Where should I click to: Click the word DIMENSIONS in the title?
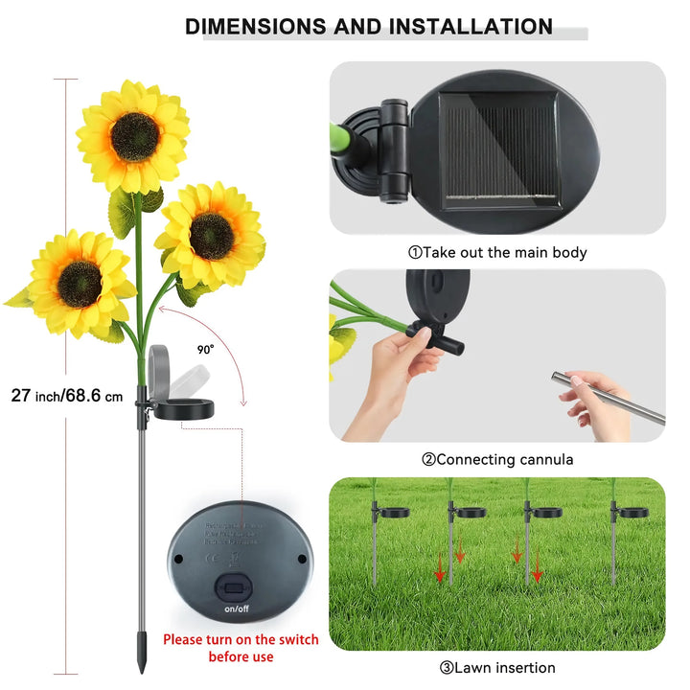(x=256, y=26)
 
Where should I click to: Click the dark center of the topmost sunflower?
(x=134, y=137)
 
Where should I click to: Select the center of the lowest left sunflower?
(x=80, y=283)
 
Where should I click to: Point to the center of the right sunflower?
(x=212, y=236)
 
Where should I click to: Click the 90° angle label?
(x=206, y=350)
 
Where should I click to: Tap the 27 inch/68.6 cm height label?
(x=68, y=395)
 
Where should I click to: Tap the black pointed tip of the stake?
(x=142, y=662)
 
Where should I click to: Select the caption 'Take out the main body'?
(x=497, y=253)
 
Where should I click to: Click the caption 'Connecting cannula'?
(x=497, y=460)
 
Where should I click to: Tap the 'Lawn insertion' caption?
(x=497, y=668)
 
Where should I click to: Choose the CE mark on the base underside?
(x=208, y=551)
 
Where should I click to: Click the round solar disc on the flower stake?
(x=184, y=409)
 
